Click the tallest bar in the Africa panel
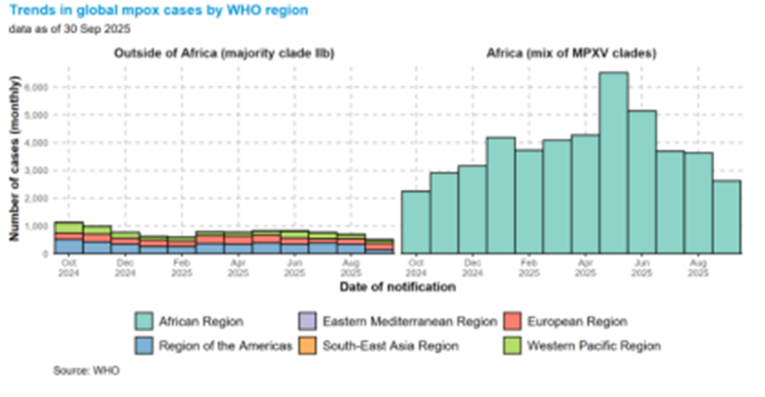click(x=613, y=162)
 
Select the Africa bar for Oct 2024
click(x=415, y=222)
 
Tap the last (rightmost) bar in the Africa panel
click(x=726, y=217)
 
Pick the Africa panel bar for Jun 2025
click(x=641, y=181)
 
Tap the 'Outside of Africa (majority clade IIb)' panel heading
click(x=224, y=54)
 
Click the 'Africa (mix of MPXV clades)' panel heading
click(x=571, y=54)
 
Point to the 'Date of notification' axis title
click(x=397, y=287)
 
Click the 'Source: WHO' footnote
click(x=86, y=371)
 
